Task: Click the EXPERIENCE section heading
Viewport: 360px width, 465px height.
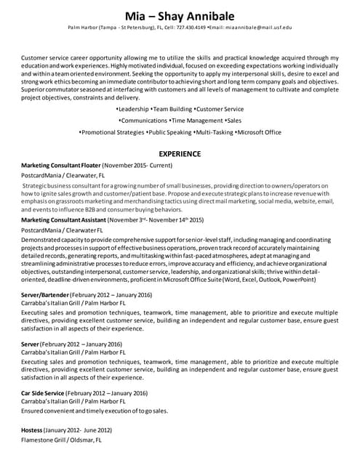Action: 180,154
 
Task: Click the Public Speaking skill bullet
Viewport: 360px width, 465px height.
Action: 170,133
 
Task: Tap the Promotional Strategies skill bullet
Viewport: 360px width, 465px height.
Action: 113,133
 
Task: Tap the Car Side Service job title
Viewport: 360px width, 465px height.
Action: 44,393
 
